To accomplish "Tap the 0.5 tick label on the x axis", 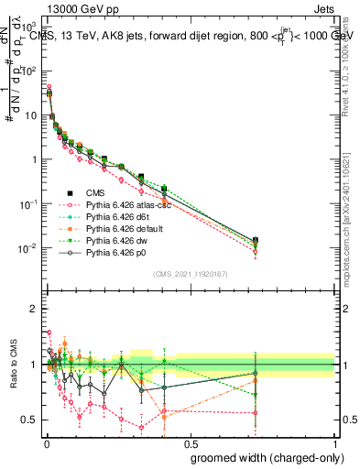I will tap(190, 444).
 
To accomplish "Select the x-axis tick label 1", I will tap(335, 444).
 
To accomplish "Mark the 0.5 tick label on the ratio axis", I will tap(30, 420).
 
